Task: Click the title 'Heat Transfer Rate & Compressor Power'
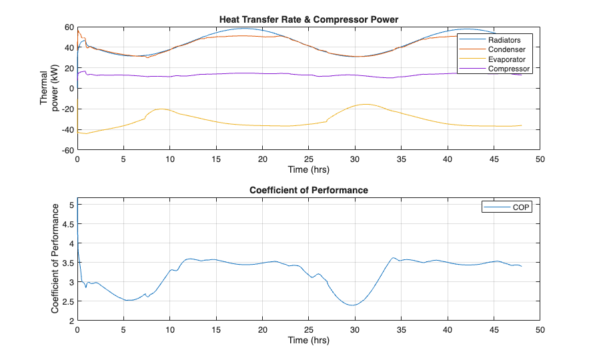[x=308, y=19]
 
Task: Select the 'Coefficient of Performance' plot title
[x=308, y=190]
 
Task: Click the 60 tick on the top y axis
[x=69, y=27]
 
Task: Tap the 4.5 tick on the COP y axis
[x=69, y=225]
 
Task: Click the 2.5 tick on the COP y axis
[x=69, y=301]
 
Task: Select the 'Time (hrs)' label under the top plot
[x=308, y=169]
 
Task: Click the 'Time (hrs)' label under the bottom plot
[x=308, y=340]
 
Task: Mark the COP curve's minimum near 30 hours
[x=353, y=305]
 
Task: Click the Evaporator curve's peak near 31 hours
[x=365, y=104]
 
